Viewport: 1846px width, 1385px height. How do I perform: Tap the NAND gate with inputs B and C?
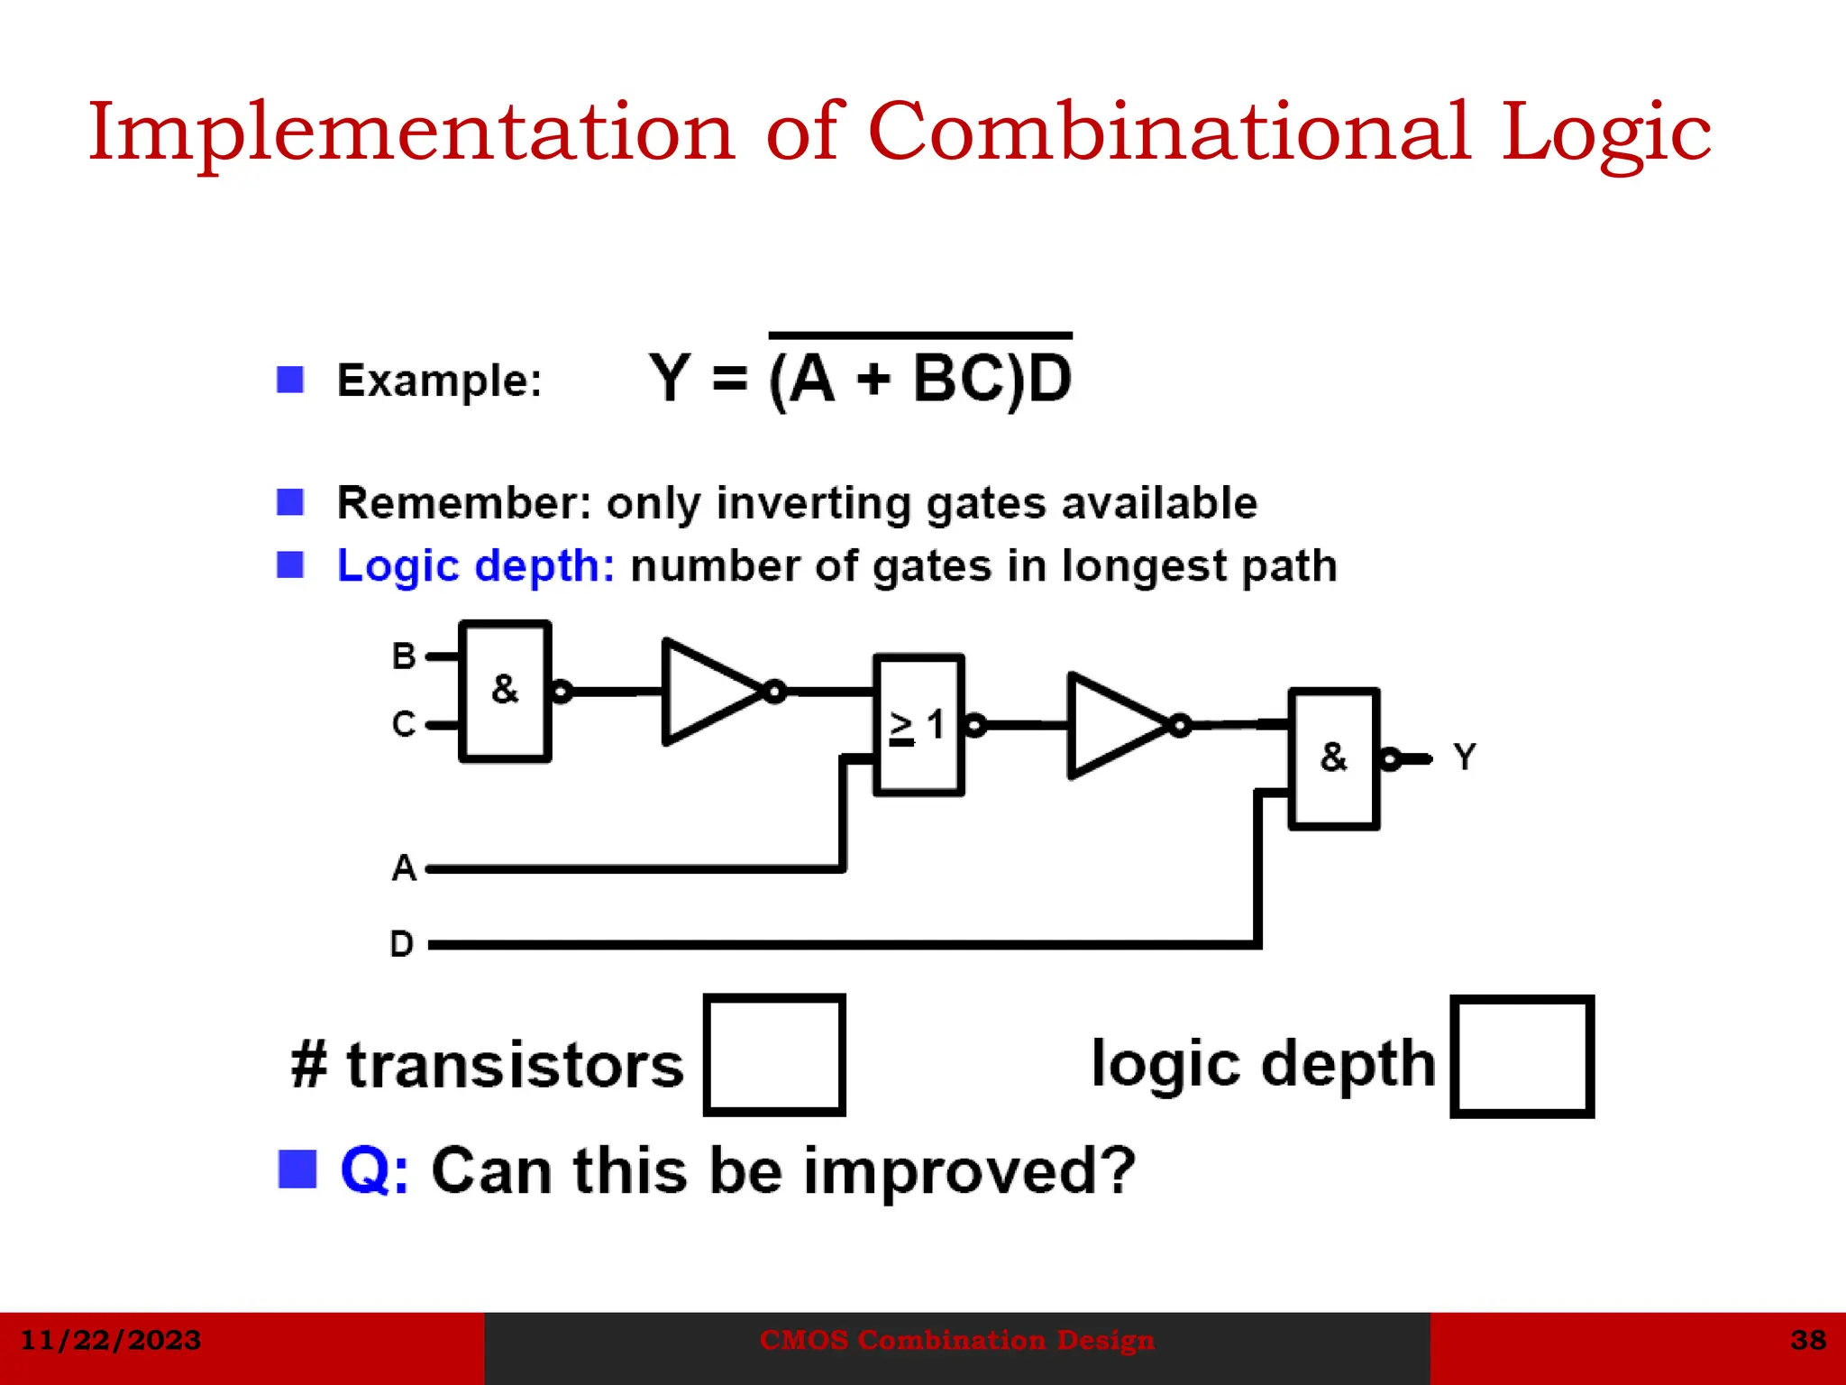(x=505, y=691)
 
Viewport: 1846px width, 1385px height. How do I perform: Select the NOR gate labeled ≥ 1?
(x=918, y=725)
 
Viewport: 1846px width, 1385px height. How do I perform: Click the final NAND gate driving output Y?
(x=1333, y=758)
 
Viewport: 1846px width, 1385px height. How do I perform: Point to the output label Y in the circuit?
(x=1464, y=757)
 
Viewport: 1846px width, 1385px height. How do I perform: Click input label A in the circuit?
(x=404, y=867)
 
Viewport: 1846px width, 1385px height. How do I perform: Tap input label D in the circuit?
(x=402, y=944)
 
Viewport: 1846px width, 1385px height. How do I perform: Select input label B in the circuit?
(x=404, y=656)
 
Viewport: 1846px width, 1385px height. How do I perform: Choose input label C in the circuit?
(x=404, y=724)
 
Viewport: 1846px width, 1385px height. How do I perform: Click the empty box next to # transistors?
(x=774, y=1055)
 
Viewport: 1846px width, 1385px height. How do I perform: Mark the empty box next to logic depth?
(x=1522, y=1057)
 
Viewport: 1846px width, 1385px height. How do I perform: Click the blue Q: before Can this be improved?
(x=374, y=1170)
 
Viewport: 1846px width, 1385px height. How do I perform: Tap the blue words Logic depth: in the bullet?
(x=475, y=566)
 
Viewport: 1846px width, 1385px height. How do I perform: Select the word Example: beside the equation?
(x=439, y=380)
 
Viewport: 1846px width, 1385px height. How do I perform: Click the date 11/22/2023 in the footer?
(x=110, y=1340)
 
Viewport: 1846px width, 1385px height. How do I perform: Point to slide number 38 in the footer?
(x=1808, y=1340)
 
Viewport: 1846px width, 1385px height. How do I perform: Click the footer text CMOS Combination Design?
(x=956, y=1340)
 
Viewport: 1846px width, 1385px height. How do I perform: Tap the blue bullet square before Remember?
(x=290, y=502)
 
